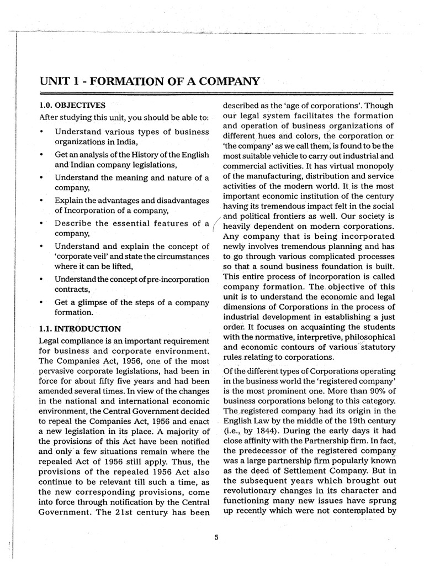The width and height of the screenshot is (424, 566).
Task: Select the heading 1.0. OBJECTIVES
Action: point(72,104)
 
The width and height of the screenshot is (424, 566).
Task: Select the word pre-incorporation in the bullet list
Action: point(176,279)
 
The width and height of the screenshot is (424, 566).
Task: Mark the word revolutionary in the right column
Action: point(251,490)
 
